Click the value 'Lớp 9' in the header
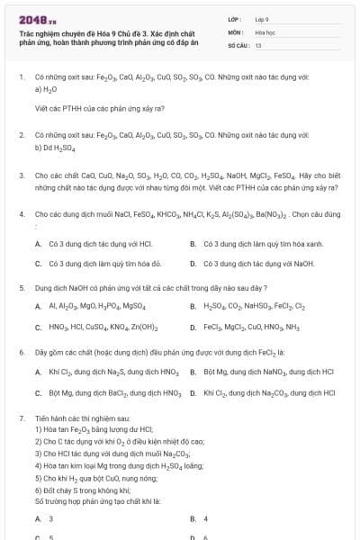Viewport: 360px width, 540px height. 263,18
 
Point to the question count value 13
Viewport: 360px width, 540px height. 258,43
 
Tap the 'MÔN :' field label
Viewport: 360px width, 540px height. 236,31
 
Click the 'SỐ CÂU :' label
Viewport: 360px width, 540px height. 238,43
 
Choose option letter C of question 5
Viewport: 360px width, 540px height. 37,328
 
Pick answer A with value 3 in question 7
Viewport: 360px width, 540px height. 37,519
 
